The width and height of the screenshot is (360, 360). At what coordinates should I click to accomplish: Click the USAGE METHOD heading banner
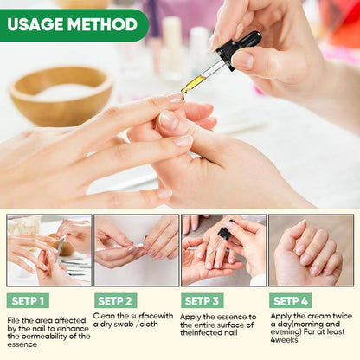coord(73,25)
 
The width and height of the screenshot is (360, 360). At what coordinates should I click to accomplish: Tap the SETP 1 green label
coord(29,301)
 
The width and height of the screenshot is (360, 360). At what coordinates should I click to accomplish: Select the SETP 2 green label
coord(115,301)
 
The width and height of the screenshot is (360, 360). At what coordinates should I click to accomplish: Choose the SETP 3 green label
coord(202,301)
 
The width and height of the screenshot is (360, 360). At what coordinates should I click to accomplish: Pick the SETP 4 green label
coord(291,301)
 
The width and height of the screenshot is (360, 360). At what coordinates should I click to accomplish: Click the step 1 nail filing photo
coord(48,251)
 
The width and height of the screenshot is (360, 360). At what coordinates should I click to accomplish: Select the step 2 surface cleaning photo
coord(136,251)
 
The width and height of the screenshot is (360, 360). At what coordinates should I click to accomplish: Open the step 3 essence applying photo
coord(223,251)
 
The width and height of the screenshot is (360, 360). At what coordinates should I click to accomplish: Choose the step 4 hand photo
coord(311,251)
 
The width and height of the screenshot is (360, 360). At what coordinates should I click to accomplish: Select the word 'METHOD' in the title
coord(106,25)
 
